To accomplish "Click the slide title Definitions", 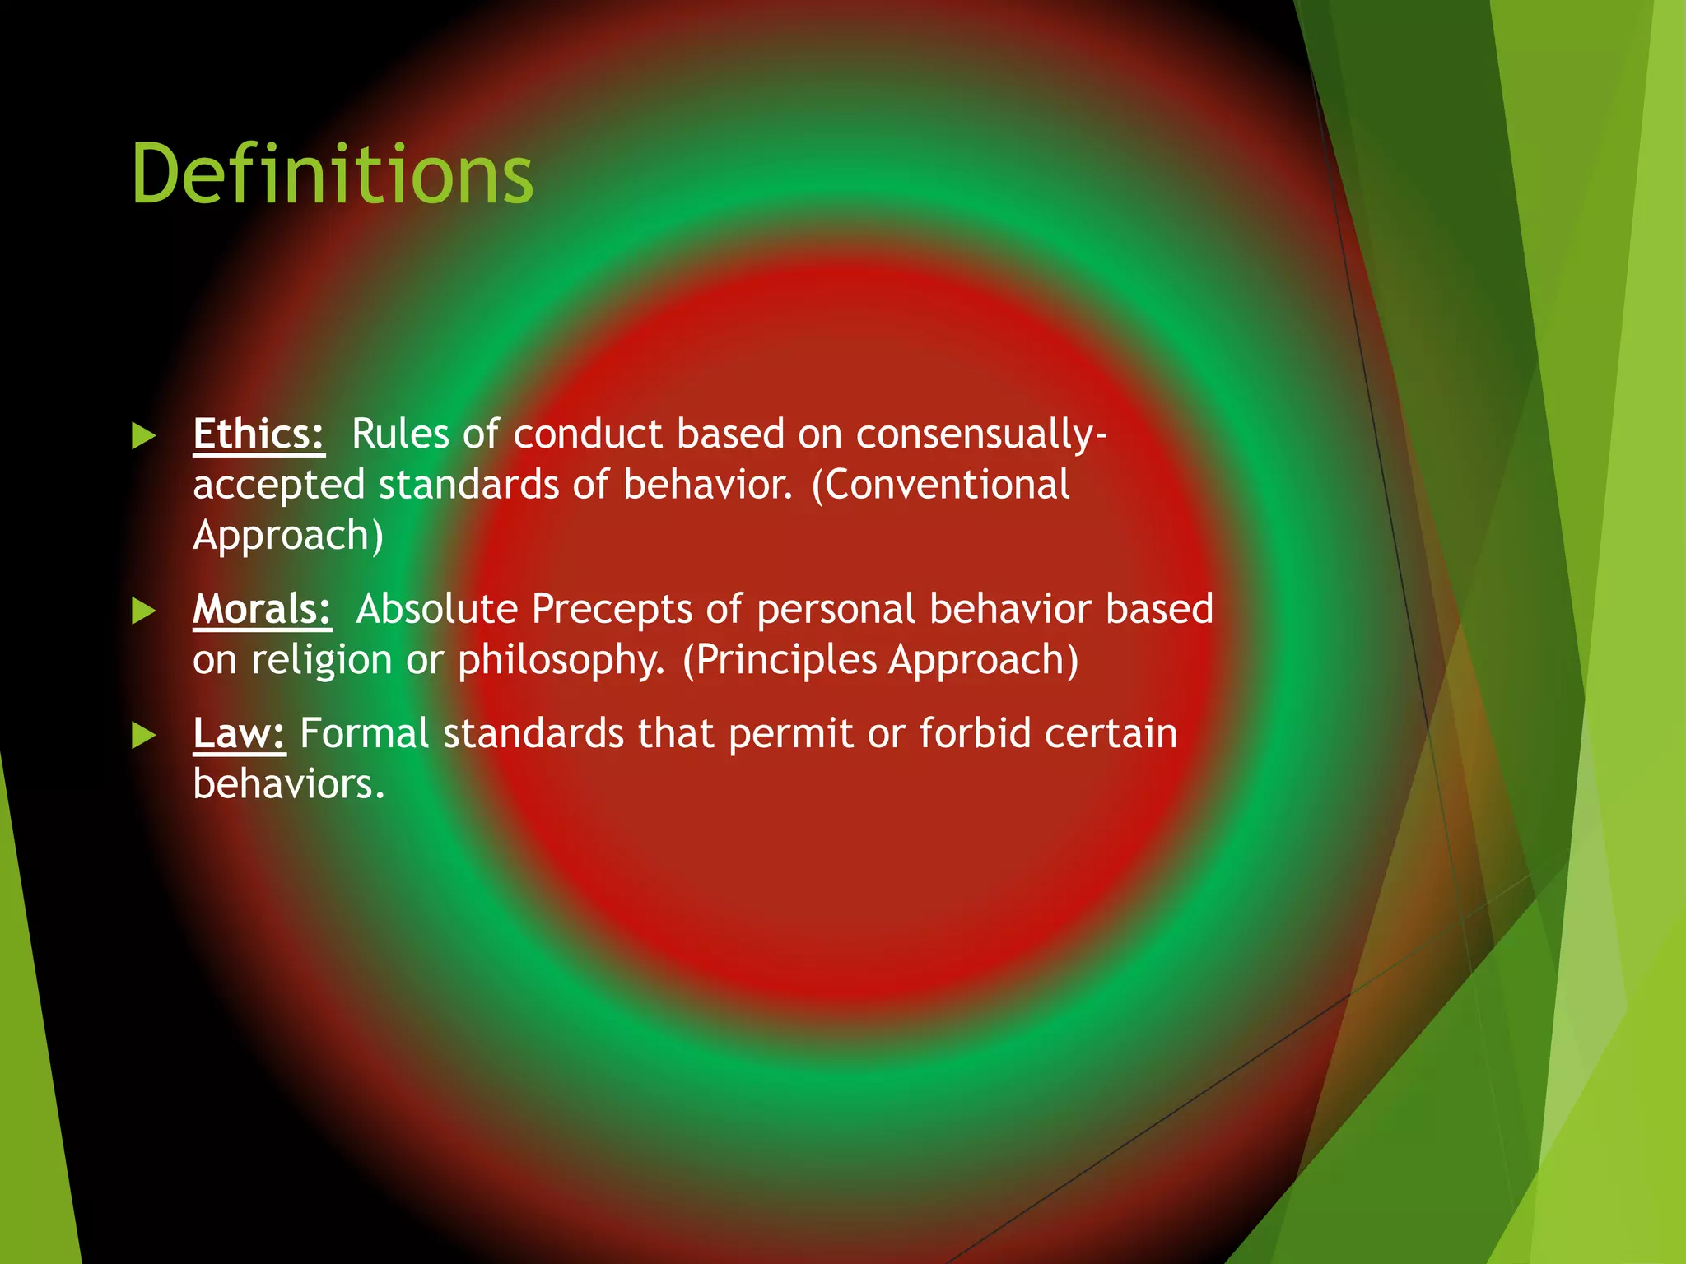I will click(x=332, y=174).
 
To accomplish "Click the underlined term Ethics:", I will click(x=258, y=434).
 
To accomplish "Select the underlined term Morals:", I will click(x=262, y=609).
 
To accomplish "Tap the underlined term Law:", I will click(x=239, y=733).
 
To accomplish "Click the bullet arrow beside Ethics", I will click(x=144, y=435).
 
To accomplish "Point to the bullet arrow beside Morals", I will click(x=144, y=611).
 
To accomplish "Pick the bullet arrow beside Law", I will click(x=144, y=735).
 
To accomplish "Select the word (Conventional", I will click(x=940, y=485).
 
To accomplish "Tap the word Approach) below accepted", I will click(x=288, y=536).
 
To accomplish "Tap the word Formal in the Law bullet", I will click(x=364, y=733).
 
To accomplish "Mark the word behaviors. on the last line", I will click(x=288, y=784).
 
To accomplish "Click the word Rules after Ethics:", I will click(x=400, y=434).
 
